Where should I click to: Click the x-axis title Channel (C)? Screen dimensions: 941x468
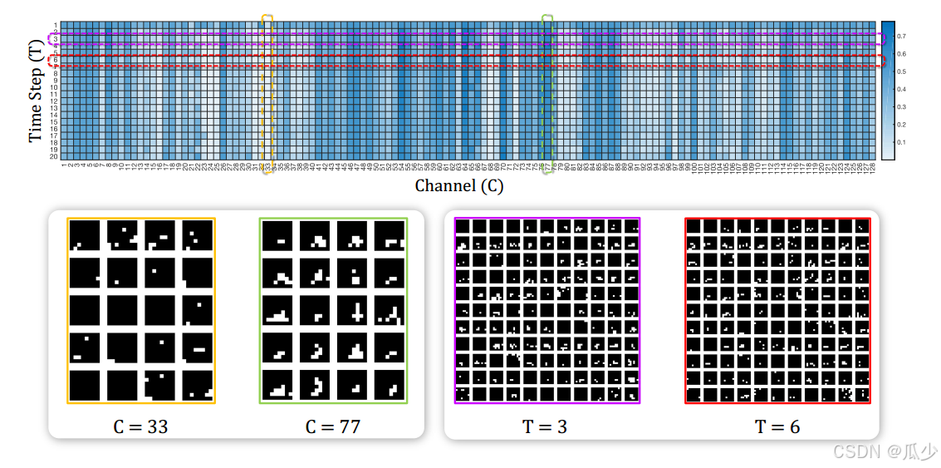458,185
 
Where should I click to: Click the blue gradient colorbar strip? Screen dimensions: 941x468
887,90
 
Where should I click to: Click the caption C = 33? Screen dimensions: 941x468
140,426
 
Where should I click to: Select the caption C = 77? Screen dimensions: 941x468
332,426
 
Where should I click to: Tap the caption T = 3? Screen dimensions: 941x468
545,426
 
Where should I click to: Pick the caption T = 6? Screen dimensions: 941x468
777,426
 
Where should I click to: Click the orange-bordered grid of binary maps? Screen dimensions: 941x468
141,311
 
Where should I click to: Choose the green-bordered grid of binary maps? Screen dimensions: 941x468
333,311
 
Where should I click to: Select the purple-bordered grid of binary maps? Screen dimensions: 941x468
547,311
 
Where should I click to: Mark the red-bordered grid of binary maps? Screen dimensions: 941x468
777,311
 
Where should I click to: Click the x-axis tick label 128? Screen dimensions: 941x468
872,169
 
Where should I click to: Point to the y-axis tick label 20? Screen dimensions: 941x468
54,156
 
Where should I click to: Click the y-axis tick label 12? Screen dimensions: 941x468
54,101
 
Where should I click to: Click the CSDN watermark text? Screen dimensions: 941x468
885,451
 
